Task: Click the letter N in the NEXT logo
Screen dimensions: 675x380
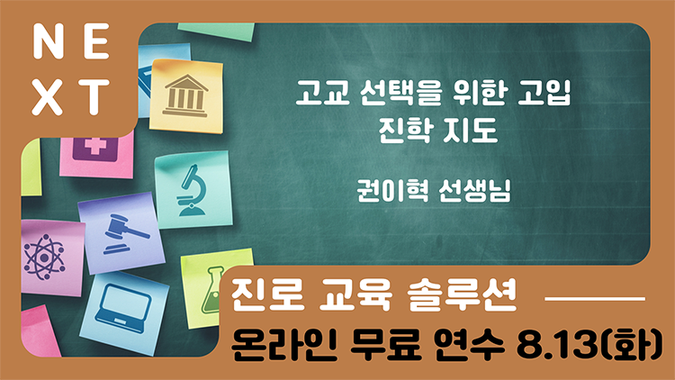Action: coord(49,41)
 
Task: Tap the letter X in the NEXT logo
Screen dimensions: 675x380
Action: coord(47,97)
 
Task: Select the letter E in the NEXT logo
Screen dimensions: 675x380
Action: coord(97,41)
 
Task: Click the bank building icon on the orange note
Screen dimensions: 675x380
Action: coord(185,95)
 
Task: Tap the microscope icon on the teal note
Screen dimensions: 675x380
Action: coord(191,190)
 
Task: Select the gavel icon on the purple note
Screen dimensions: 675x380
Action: coord(123,234)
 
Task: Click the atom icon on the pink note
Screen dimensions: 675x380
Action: coord(44,258)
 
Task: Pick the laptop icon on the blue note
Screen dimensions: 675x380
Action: coord(123,309)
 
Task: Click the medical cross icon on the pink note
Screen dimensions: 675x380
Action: coord(95,149)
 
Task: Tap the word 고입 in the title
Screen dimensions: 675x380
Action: coord(544,93)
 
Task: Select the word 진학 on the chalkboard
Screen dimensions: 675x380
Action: coord(405,130)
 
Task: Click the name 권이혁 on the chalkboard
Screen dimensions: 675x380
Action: coord(393,190)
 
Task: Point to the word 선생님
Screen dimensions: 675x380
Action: coord(475,190)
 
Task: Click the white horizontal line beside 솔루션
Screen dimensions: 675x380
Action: coord(595,298)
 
